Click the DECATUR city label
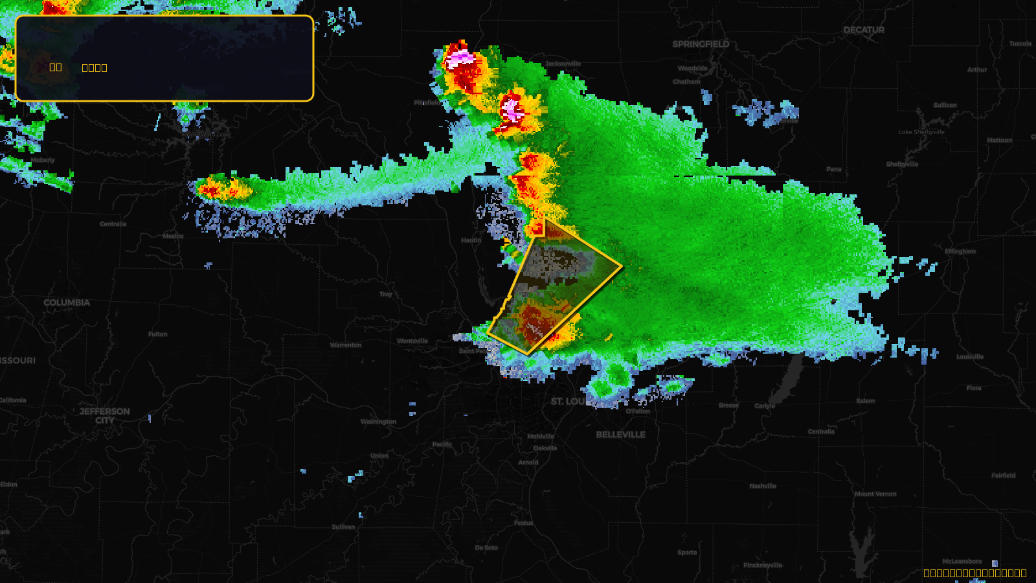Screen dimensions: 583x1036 (864, 30)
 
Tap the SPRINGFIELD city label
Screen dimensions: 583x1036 (701, 44)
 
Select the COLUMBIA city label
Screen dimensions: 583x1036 (67, 303)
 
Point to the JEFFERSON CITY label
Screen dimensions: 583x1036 (105, 416)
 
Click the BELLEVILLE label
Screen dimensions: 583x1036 (620, 435)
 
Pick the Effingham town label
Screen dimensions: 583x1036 (960, 251)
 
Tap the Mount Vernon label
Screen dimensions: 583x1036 (875, 494)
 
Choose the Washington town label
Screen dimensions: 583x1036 (378, 422)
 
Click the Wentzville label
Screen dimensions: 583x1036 (412, 341)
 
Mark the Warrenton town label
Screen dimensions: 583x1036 (346, 345)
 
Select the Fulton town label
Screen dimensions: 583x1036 (157, 334)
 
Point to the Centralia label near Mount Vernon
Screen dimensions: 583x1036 (821, 431)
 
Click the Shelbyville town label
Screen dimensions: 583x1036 (902, 165)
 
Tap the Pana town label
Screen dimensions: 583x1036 (834, 169)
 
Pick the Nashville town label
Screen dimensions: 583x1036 (763, 486)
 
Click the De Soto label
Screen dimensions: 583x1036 (486, 547)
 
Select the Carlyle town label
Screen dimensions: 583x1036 (765, 406)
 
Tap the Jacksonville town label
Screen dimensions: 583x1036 (563, 63)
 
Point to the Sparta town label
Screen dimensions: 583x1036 (687, 553)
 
